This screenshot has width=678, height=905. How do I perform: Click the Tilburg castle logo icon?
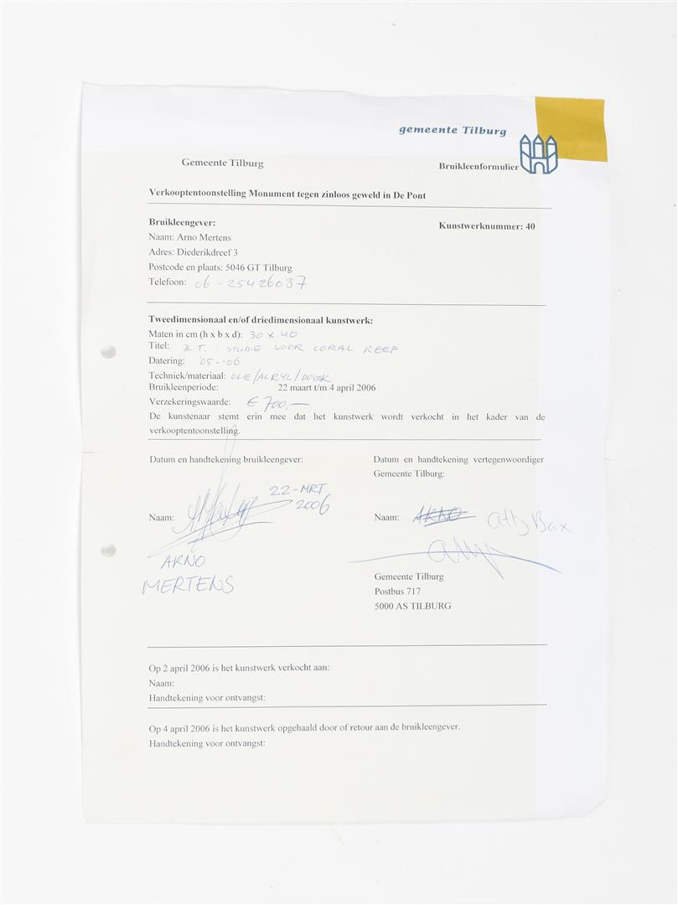(538, 154)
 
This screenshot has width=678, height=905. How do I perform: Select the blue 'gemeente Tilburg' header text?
(452, 130)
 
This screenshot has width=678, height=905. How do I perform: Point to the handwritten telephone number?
(249, 283)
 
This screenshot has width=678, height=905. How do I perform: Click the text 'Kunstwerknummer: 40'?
(486, 225)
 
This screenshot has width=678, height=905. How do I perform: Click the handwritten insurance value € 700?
(285, 404)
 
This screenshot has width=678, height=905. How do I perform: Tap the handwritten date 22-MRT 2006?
(298, 498)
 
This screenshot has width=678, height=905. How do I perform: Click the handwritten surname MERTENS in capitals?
(188, 585)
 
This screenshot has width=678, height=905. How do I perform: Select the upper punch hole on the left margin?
(108, 352)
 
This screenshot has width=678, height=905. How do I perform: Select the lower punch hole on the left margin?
(108, 551)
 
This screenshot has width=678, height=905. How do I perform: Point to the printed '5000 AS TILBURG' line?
(412, 606)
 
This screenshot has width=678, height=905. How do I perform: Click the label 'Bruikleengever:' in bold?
(182, 222)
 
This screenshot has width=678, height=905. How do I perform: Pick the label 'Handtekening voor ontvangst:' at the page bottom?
(206, 743)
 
